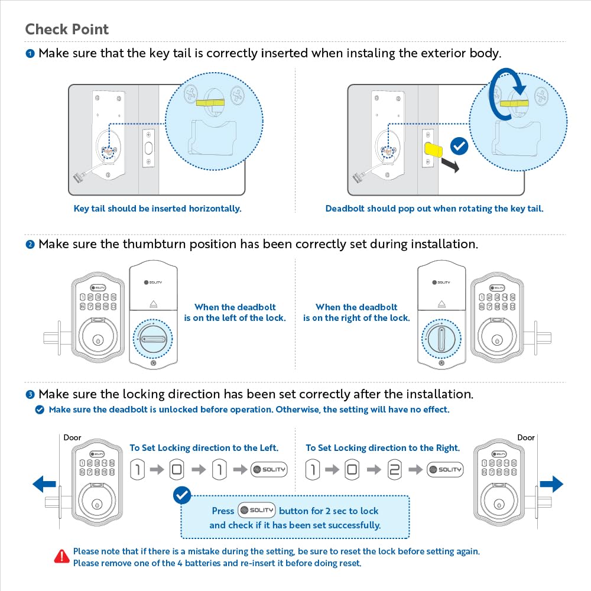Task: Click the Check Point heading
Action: (x=67, y=30)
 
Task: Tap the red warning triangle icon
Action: (x=61, y=556)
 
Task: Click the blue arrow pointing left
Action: (x=44, y=485)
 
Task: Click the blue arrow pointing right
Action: (x=551, y=485)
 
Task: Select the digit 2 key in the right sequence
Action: (x=394, y=470)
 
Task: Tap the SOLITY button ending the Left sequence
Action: (x=269, y=470)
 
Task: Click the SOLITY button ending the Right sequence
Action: (x=445, y=470)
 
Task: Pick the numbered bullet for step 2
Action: (x=30, y=245)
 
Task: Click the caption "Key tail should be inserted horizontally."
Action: (x=157, y=209)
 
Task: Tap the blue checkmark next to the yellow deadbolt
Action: (x=459, y=146)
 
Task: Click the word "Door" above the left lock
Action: (x=73, y=438)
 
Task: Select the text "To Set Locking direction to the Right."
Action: (x=382, y=448)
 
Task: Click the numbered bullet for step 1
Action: (x=30, y=54)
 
